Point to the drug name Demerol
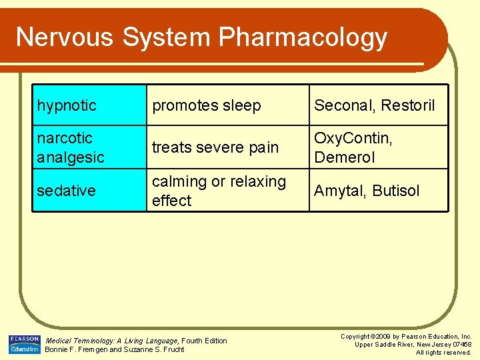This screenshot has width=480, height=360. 345,157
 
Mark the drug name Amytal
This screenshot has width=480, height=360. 339,191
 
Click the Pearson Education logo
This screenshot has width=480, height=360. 24,344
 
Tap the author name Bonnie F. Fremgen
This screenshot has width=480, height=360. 73,349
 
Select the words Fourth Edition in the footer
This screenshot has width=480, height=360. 204,341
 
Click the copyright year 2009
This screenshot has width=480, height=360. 383,337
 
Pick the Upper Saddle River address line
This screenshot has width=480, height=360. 413,345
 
